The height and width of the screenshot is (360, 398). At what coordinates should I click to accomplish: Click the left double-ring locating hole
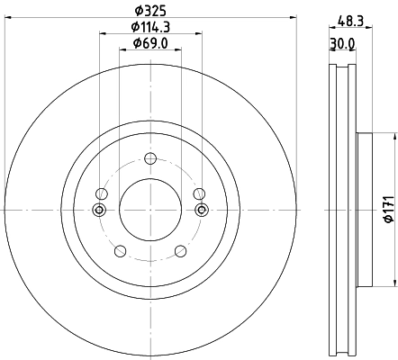99,211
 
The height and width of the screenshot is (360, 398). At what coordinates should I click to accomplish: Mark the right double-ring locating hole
202,211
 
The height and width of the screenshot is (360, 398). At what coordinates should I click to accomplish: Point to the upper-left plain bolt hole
103,194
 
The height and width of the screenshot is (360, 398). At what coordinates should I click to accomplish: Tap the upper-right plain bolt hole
199,194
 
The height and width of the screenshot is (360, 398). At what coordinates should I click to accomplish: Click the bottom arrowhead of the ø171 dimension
393,282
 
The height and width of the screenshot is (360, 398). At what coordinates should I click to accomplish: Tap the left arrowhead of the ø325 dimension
9,18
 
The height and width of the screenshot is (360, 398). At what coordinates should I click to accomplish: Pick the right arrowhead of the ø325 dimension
292,18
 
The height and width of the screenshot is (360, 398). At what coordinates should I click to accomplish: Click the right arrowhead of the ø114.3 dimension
198,35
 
